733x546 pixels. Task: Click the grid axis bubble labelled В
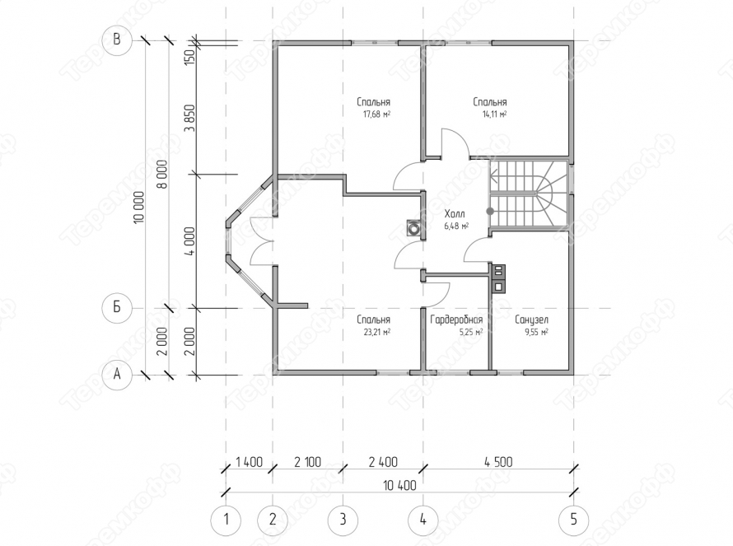point(117,40)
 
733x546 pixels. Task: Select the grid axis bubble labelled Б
point(117,308)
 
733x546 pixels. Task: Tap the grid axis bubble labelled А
point(117,375)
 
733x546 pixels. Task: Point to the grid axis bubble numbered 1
point(226,520)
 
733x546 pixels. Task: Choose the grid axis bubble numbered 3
point(343,520)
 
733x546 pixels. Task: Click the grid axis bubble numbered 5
point(573,520)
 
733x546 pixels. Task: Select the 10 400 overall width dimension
point(400,486)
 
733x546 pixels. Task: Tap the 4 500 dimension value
point(498,462)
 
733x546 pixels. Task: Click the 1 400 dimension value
point(250,462)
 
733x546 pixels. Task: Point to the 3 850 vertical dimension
point(189,118)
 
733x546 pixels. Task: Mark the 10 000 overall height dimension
point(139,213)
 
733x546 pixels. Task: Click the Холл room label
point(455,214)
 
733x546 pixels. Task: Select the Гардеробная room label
point(456,320)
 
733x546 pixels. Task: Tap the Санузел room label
point(531,320)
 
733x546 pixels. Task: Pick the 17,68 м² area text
point(376,114)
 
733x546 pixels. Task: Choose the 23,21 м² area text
point(376,333)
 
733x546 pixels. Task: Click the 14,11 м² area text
point(493,114)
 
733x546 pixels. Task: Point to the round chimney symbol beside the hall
point(413,229)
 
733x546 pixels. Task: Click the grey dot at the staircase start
point(490,212)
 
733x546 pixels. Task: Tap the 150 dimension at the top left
point(189,58)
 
